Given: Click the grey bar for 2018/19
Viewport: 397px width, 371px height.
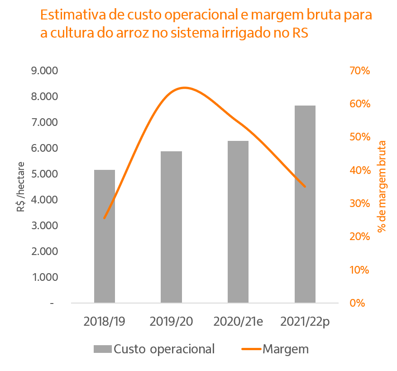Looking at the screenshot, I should pos(105,236).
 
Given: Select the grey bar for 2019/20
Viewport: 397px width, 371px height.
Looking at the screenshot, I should pos(171,226).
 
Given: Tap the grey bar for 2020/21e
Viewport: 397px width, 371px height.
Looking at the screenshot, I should pos(238,222).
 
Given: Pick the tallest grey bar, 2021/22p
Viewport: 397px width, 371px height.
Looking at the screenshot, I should pos(305,204).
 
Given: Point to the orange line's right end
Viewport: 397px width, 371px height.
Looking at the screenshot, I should pos(305,186).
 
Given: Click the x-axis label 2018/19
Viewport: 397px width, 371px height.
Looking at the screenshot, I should pos(105,322).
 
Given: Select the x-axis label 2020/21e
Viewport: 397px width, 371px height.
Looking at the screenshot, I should pos(238,322).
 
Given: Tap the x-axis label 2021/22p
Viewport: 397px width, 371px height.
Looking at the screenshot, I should pos(305,322).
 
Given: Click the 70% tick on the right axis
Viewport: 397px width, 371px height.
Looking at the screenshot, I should pos(359,71).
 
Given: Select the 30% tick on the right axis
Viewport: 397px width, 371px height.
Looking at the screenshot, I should pos(359,203).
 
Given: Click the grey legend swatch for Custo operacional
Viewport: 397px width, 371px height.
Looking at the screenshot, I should pos(102,349).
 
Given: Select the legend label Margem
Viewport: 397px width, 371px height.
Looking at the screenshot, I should pos(285,349).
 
